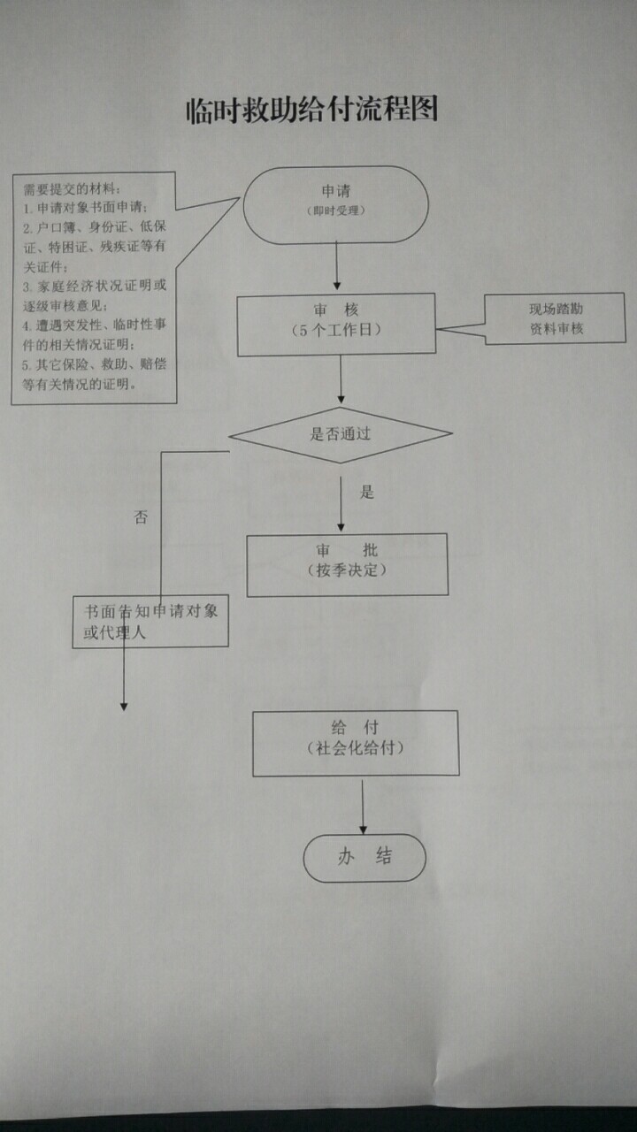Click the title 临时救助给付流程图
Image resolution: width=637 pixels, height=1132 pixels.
tap(312, 111)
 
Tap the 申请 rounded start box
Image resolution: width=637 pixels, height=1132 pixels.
tap(335, 204)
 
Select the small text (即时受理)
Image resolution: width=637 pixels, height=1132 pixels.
tap(335, 211)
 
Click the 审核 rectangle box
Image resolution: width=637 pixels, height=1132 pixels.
tap(335, 325)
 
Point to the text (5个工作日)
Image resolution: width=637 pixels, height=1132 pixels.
tap(335, 330)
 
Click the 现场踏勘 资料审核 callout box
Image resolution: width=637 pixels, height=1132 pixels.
tap(556, 318)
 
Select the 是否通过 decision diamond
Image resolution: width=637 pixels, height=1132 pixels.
tap(341, 434)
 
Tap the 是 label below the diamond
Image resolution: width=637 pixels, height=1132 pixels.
tap(367, 493)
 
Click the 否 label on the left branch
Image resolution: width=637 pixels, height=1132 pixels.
tap(141, 517)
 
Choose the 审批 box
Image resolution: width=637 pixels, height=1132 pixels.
tap(347, 564)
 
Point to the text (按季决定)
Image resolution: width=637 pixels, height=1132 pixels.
tap(347, 570)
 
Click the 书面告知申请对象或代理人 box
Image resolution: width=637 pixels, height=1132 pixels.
tap(150, 622)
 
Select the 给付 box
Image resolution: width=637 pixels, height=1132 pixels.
tap(356, 743)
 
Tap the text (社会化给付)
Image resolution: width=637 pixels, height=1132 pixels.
tap(356, 749)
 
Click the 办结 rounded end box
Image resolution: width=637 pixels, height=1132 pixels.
tap(365, 857)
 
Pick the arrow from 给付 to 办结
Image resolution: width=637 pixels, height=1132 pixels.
tap(363, 805)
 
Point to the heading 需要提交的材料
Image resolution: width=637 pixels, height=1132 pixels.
tap(69, 188)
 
